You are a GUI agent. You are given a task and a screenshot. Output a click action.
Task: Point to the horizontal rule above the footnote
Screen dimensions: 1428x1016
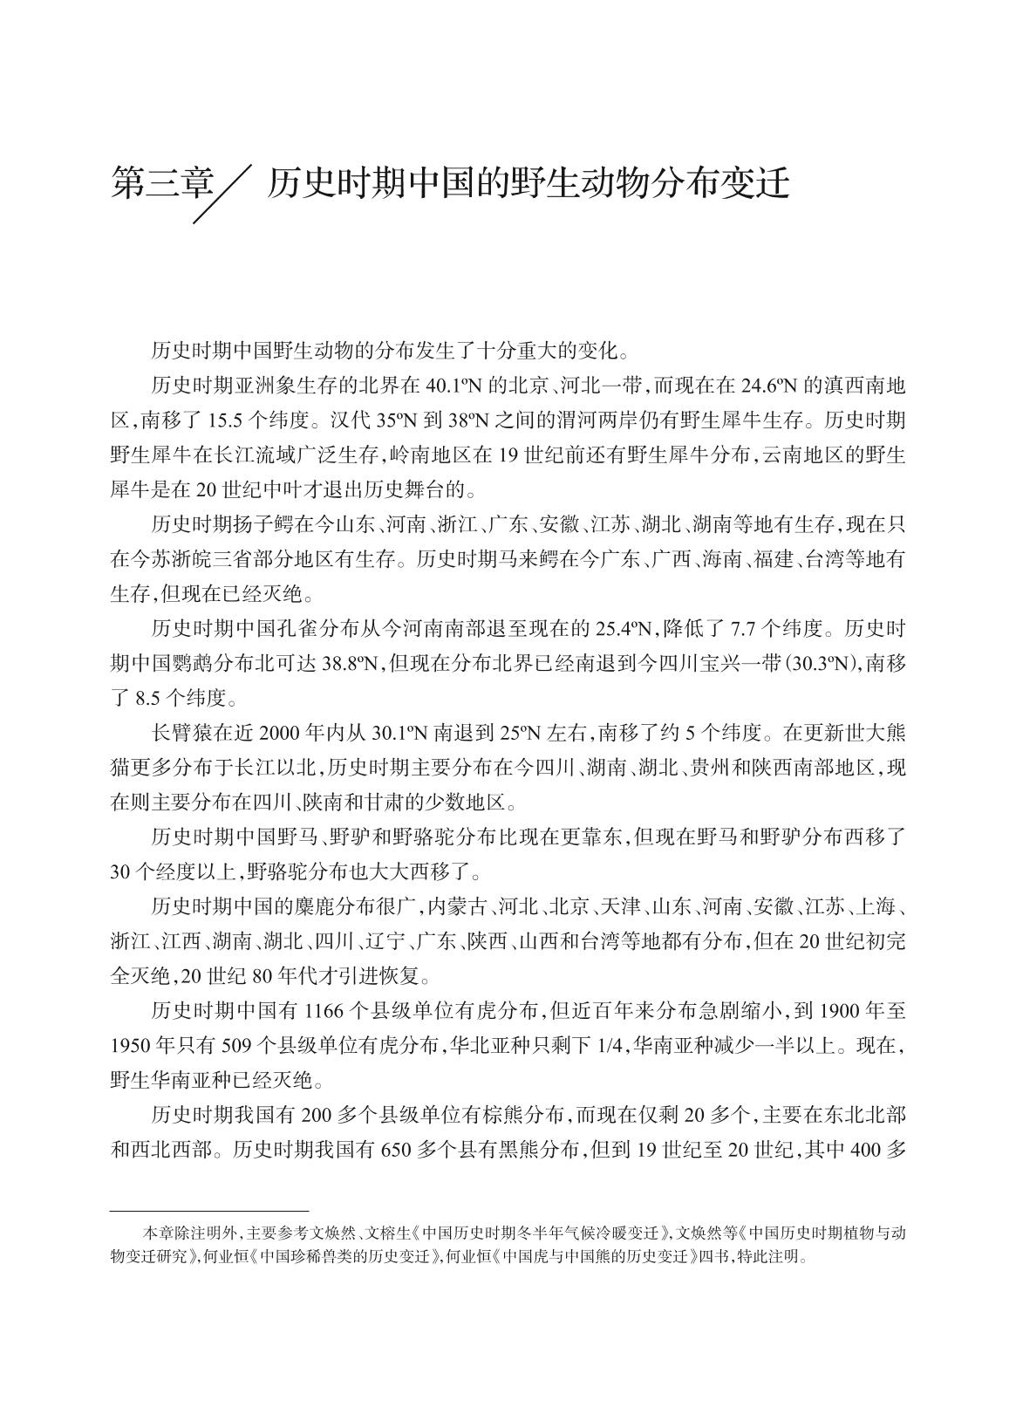210,1211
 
